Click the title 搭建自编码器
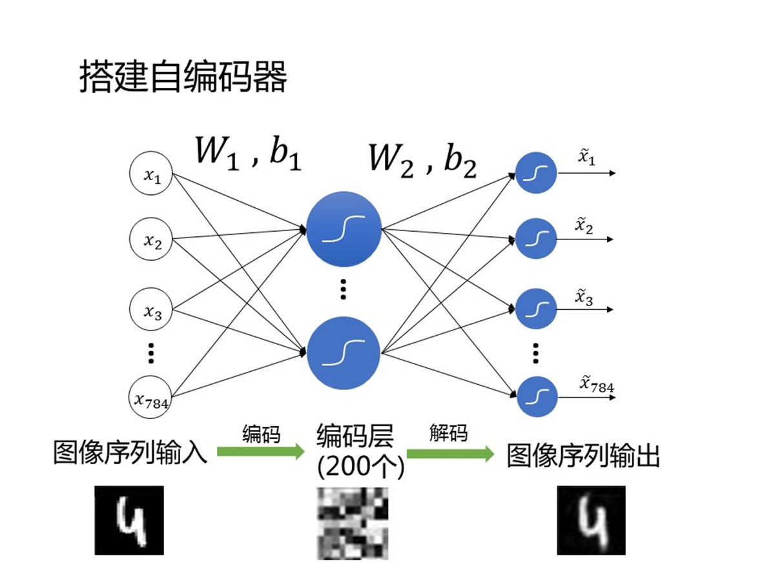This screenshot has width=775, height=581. pos(183,78)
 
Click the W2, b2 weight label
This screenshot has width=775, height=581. pos(422,159)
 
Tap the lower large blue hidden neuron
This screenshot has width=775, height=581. pos(343,353)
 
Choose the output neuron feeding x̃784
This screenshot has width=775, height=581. pos(536,396)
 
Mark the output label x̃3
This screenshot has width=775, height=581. pos(584,297)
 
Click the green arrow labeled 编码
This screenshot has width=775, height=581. pos(260,452)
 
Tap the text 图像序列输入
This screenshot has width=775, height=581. pos(130,453)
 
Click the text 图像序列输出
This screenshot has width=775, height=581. pos(583,456)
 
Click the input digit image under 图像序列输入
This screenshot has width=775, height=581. pos(129,520)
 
